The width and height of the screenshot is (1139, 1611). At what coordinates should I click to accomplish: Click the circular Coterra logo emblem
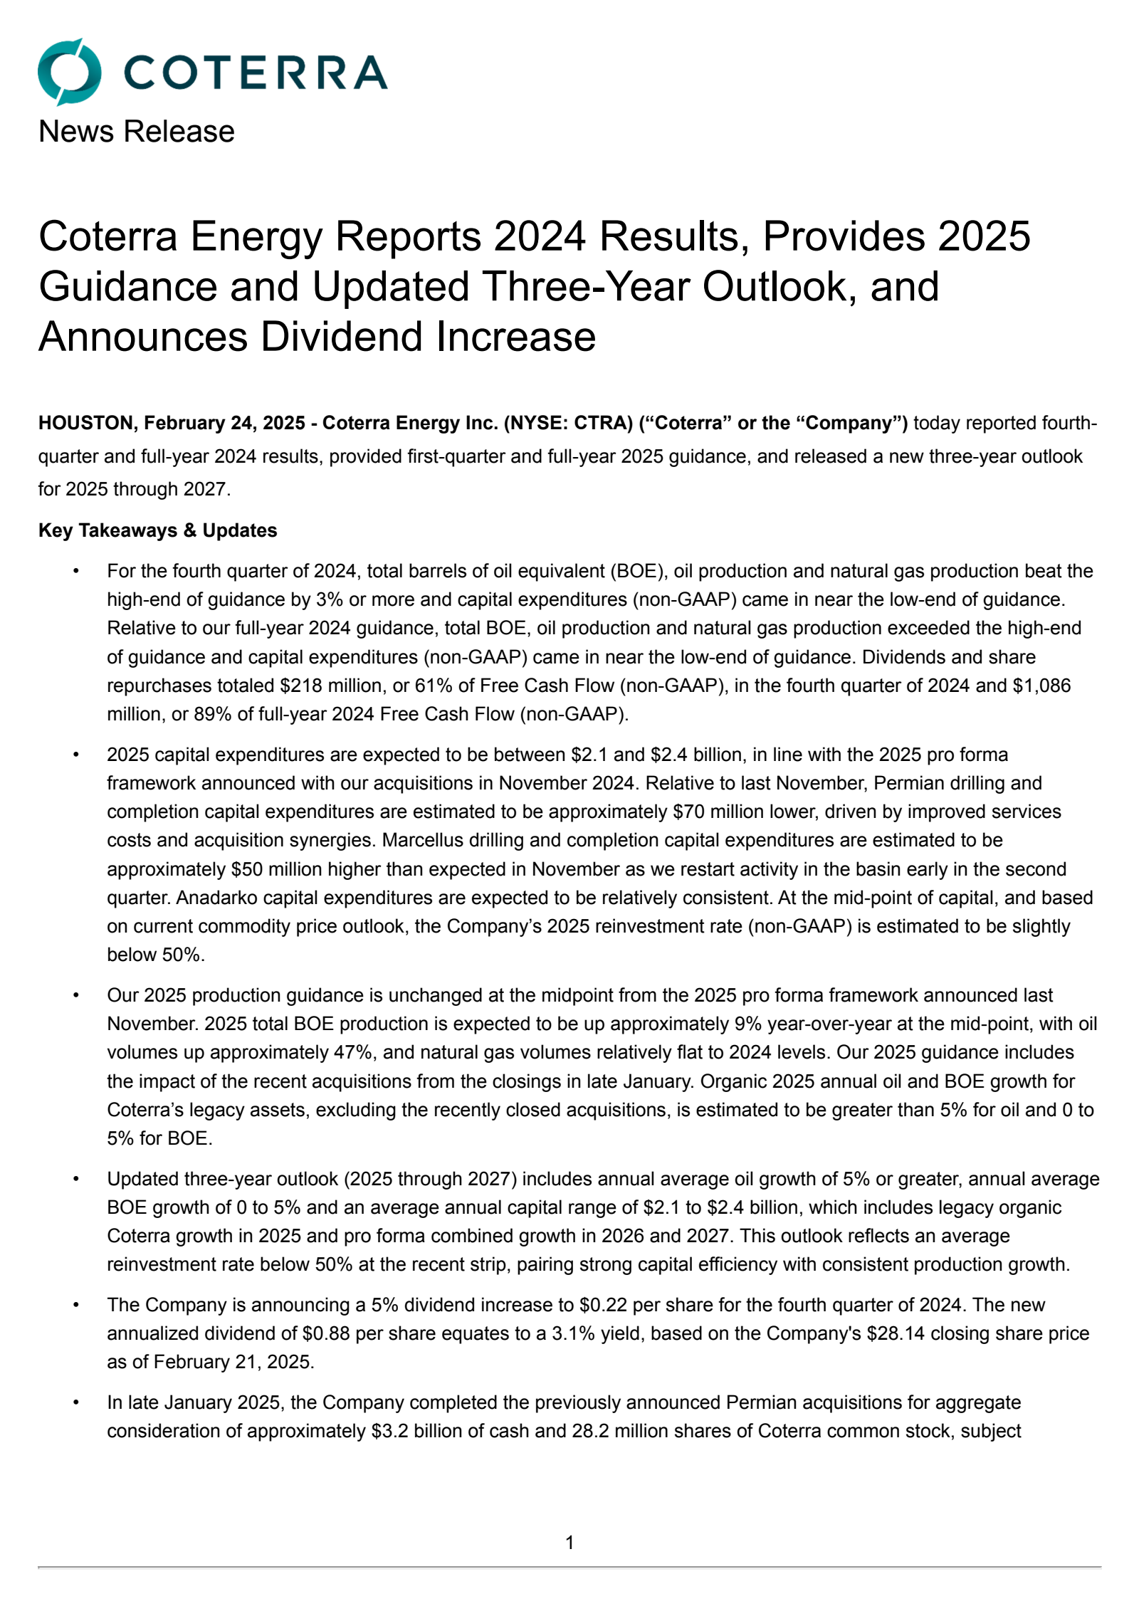click(68, 73)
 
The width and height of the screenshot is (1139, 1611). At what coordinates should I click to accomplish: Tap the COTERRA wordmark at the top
click(256, 73)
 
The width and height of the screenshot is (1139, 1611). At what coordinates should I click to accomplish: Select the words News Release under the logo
click(136, 132)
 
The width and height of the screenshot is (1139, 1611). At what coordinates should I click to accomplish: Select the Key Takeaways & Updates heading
click(157, 530)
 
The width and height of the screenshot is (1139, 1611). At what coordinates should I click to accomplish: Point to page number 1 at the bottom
click(569, 1543)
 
